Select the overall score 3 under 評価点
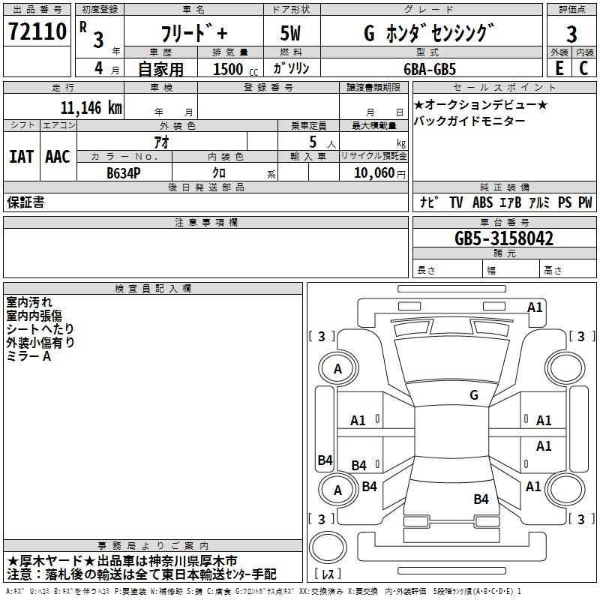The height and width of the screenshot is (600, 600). pyautogui.click(x=571, y=34)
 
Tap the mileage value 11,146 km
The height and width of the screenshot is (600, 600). pyautogui.click(x=91, y=107)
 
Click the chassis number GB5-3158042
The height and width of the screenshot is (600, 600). pyautogui.click(x=504, y=239)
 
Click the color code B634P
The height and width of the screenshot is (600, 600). pyautogui.click(x=124, y=172)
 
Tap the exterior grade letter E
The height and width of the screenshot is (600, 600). pyautogui.click(x=559, y=67)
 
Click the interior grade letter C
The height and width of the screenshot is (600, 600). pyautogui.click(x=583, y=67)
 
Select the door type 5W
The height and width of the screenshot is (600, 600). pyautogui.click(x=291, y=34)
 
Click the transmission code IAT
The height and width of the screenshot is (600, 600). pyautogui.click(x=21, y=157)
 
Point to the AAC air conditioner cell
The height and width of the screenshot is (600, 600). pyautogui.click(x=58, y=157)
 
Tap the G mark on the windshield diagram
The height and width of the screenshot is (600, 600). pyautogui.click(x=473, y=394)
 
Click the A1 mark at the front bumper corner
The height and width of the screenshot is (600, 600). pyautogui.click(x=535, y=307)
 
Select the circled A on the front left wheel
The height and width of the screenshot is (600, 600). pyautogui.click(x=337, y=369)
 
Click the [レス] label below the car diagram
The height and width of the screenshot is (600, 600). pyautogui.click(x=329, y=574)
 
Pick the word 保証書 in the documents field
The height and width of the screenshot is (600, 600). pyautogui.click(x=25, y=202)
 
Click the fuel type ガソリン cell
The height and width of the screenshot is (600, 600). pyautogui.click(x=291, y=68)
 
